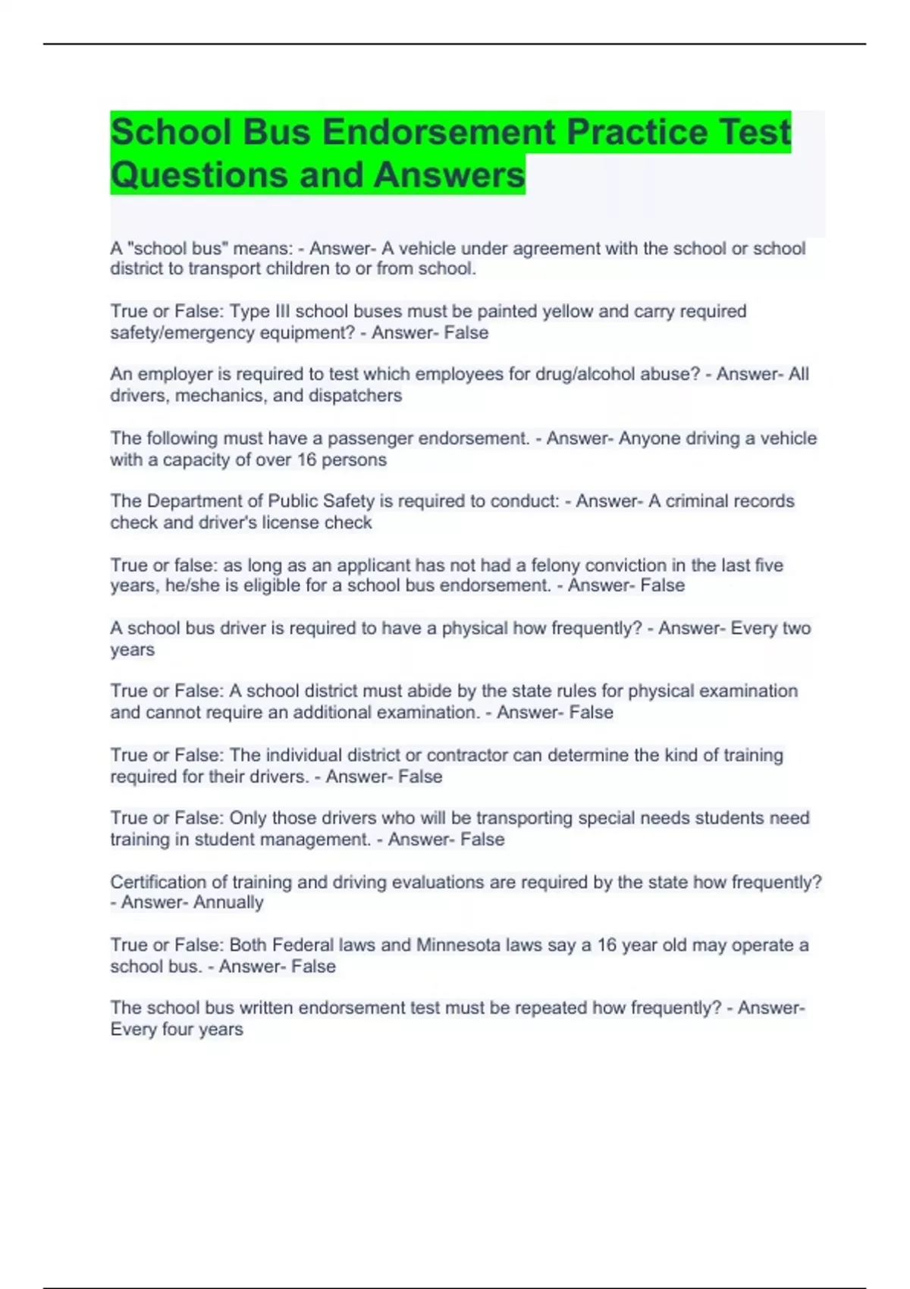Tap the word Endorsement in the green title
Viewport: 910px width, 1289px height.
coord(438,132)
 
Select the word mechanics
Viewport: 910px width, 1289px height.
coord(221,396)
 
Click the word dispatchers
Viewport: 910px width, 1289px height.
coord(355,396)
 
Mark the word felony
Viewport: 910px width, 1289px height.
coord(565,565)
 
